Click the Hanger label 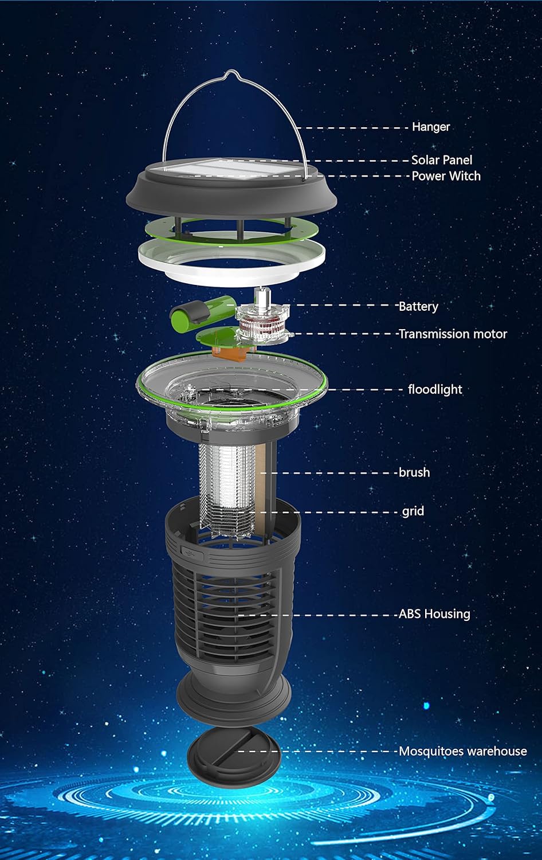pos(431,127)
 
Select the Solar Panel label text pos(441,160)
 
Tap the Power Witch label pos(446,176)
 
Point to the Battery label pos(418,306)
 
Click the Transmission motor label pos(453,334)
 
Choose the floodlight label pos(435,389)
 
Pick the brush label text pos(414,472)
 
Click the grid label pos(413,511)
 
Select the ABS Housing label pos(434,614)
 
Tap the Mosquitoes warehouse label pos(462,751)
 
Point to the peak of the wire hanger pos(230,73)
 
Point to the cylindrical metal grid pos(226,487)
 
